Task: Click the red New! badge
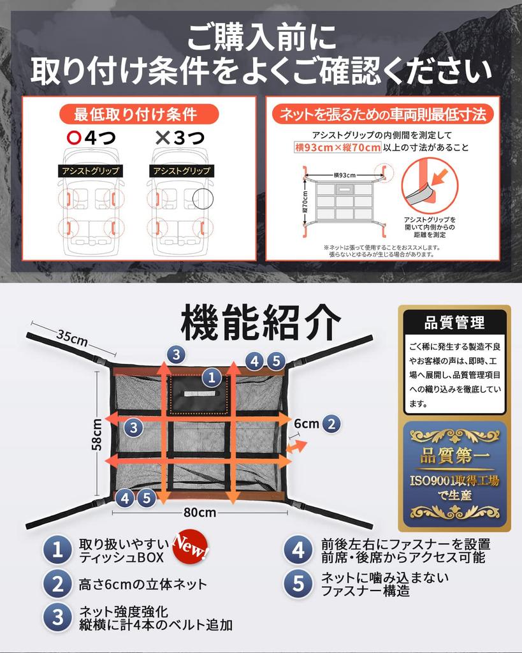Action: [190, 546]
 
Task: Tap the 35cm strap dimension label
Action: [72, 338]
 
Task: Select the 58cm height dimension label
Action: [97, 434]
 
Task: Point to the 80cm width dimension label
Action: [199, 512]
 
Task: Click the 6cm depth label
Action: [307, 423]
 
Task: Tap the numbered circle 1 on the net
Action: [212, 378]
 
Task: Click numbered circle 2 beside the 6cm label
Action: [331, 423]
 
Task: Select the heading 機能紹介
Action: [261, 323]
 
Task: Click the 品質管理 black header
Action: [454, 322]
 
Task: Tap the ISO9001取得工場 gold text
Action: [454, 481]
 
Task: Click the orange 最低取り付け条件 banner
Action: [138, 114]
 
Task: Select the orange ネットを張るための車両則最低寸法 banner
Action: [382, 114]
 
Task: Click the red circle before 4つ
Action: [74, 138]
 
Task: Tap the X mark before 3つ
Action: [163, 138]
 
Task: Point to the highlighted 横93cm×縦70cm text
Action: [338, 147]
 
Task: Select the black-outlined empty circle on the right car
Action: [203, 199]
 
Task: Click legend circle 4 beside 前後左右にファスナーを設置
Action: [298, 550]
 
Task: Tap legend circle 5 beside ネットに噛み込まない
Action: [298, 583]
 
